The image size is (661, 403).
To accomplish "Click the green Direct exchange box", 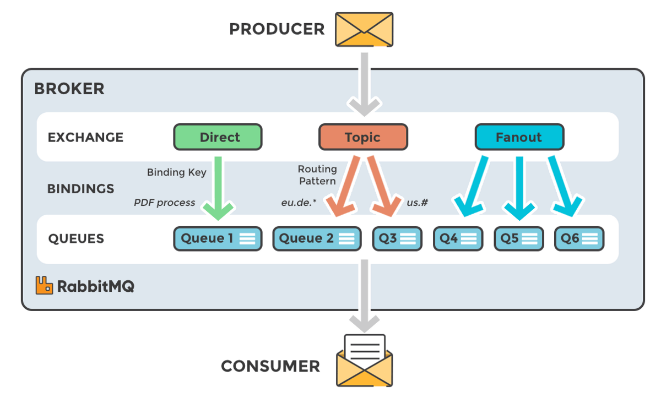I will pos(218,137).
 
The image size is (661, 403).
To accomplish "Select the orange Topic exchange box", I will pos(363,137).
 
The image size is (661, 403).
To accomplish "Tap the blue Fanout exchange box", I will pos(519,137).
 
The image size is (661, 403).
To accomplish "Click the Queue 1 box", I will pos(218,239).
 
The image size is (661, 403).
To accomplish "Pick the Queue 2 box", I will pos(317,239).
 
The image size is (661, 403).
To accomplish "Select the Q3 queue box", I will pos(397,239).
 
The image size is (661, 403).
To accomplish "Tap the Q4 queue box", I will pos(458,239).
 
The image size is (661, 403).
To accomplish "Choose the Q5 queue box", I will pos(518,239).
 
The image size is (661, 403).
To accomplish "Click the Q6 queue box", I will pos(579,239).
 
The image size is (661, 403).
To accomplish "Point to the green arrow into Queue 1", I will pos(218,187).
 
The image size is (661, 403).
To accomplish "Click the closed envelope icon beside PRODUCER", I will pos(364,29).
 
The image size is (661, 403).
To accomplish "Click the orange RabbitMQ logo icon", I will pos(44,285).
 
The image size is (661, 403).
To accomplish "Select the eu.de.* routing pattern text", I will pos(299,203).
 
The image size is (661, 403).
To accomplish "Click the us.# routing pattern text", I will pos(418,203).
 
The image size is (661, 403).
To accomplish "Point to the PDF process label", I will pos(164,203).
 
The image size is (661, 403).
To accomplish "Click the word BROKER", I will pos(69,89).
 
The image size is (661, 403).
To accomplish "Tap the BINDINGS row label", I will pos(80,189).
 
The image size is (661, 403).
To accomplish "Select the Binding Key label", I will pos(176,172).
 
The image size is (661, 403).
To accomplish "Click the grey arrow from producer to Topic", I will pos(364,83).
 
